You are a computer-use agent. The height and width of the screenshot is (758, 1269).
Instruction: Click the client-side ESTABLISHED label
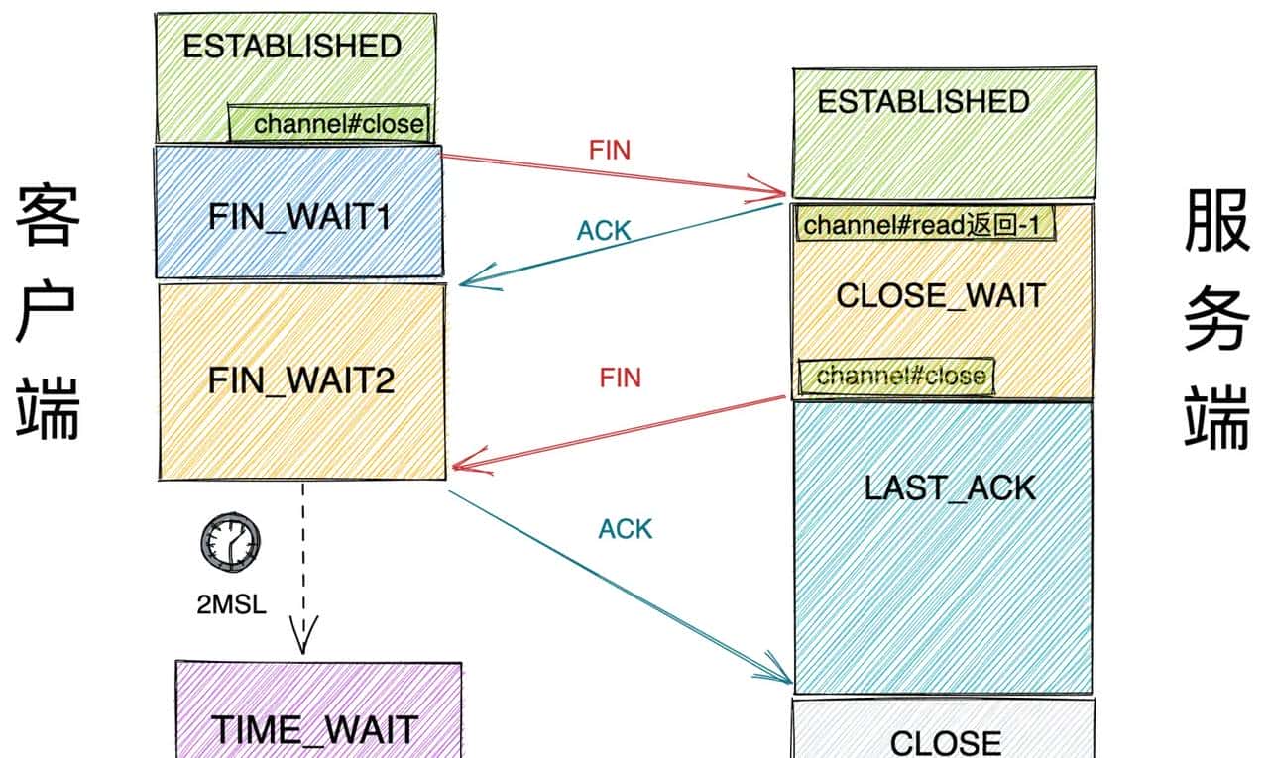click(291, 47)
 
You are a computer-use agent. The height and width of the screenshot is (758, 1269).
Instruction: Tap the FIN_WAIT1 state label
click(300, 217)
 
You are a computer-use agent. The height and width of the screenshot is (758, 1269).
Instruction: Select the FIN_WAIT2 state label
click(300, 380)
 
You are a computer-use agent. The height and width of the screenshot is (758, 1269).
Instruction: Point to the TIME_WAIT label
click(314, 730)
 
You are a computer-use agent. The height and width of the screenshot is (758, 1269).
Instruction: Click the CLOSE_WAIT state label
click(941, 295)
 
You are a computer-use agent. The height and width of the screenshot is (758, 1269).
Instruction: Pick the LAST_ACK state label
click(949, 487)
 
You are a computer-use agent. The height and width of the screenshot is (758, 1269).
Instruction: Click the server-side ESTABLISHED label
click(923, 102)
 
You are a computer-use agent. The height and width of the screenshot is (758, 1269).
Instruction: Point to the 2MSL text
click(231, 603)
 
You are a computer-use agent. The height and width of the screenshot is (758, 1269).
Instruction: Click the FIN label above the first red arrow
click(610, 150)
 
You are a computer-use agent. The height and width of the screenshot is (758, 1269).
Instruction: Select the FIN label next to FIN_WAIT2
click(621, 378)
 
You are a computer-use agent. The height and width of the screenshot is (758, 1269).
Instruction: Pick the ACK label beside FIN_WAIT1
click(604, 231)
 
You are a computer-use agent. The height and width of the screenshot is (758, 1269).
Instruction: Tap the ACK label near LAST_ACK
click(626, 529)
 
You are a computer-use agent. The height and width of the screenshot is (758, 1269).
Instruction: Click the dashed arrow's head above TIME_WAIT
click(302, 634)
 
